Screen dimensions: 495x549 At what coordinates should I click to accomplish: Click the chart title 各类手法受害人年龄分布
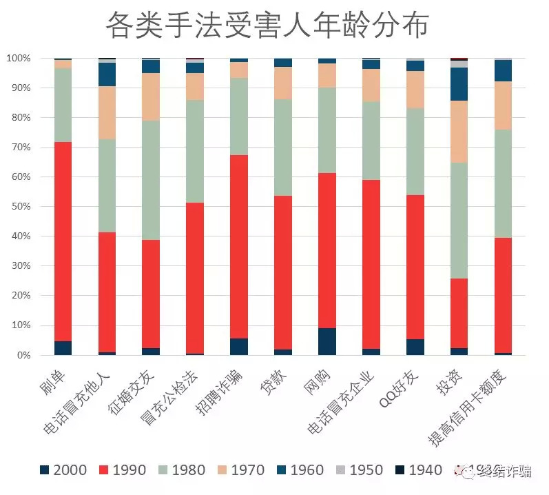[267, 26]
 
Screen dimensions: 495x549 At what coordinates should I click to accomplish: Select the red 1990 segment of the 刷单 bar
[63, 241]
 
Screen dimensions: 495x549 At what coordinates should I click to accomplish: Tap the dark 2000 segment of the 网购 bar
[327, 341]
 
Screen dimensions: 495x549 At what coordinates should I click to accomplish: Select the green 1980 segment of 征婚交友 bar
[151, 180]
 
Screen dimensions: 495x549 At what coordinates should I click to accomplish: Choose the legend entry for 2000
[63, 470]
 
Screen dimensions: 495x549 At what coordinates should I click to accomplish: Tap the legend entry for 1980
[182, 470]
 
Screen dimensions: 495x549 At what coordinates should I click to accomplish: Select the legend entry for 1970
[241, 470]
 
